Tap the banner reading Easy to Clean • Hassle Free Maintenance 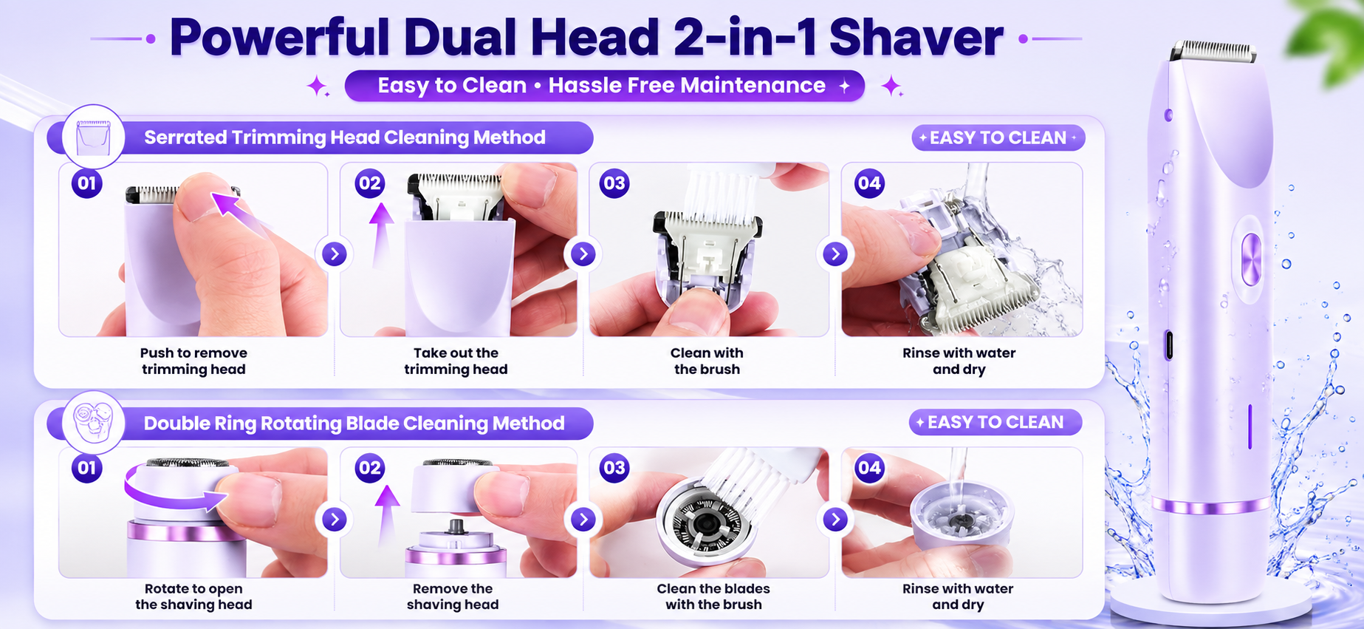(604, 86)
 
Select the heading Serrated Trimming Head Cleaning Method (345, 137)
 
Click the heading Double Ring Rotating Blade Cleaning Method (354, 424)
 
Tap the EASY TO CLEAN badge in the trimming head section (998, 137)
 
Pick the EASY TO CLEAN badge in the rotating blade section (995, 422)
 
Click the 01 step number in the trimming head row (87, 183)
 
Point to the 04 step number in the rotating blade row (869, 468)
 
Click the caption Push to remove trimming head (193, 361)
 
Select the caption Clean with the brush (707, 361)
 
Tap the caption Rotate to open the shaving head (193, 596)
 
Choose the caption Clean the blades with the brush (713, 596)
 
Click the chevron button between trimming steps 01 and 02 (335, 254)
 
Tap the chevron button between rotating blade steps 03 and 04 (835, 520)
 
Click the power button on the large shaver (1251, 259)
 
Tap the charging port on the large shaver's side (1168, 345)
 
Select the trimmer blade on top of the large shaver (1213, 51)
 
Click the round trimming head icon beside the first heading (93, 137)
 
